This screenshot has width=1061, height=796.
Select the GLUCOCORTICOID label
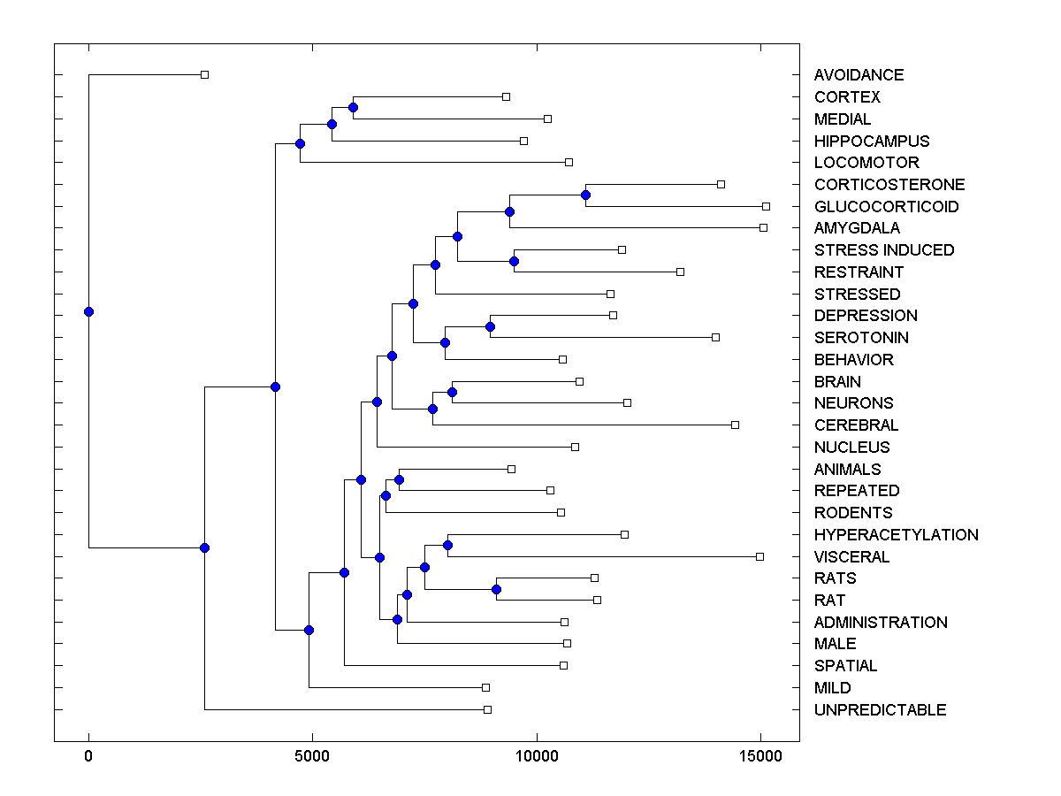point(886,206)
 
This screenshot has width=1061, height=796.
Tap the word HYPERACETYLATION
point(896,534)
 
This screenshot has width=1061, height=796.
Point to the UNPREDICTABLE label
point(880,709)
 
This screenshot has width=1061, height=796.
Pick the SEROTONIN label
point(860,337)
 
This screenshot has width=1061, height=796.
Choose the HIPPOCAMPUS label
point(872,141)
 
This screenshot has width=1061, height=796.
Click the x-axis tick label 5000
point(311,756)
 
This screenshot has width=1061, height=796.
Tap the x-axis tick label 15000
point(760,756)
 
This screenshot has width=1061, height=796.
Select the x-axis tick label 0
point(88,756)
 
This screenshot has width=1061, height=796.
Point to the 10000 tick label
point(536,756)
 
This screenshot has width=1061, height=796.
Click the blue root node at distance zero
point(88,311)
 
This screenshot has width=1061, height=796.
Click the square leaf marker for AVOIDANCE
point(204,75)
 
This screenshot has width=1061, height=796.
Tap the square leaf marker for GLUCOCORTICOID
point(766,206)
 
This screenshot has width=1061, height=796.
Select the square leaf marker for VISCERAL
point(759,556)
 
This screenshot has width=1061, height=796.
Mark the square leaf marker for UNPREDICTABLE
point(487,709)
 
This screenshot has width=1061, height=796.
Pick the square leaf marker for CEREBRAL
point(735,425)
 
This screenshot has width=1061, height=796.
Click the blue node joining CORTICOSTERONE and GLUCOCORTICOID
point(585,195)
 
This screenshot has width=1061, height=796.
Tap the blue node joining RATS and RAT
point(496,589)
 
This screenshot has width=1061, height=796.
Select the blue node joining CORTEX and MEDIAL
point(353,107)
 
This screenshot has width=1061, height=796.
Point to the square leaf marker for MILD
point(485,687)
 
